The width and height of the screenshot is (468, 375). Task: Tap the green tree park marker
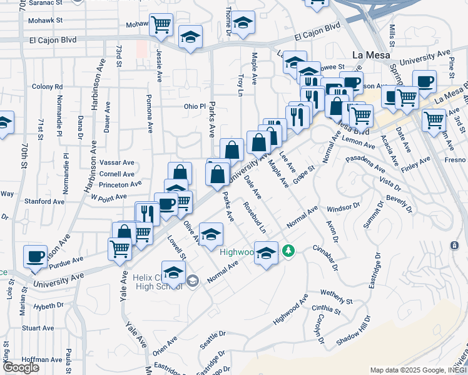point(288,251)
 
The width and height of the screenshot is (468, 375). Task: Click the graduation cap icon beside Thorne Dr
point(243,22)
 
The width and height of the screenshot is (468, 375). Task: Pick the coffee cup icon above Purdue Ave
point(35,256)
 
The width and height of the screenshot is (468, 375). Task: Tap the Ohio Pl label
point(194,106)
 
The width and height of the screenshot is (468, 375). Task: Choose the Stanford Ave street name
point(48,202)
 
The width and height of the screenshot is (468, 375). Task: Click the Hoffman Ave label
point(41,359)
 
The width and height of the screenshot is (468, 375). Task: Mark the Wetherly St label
point(337,292)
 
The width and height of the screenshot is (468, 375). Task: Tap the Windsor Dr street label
point(343,205)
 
